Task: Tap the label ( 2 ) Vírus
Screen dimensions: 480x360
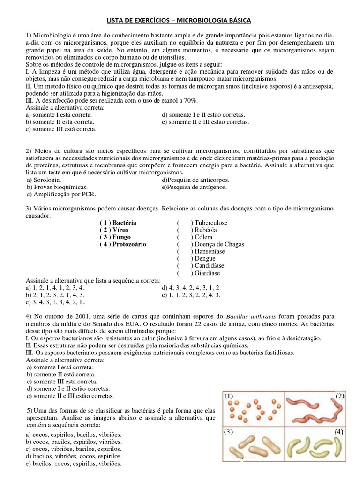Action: pos(114,230)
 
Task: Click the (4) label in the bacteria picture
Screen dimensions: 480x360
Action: pos(340,431)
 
